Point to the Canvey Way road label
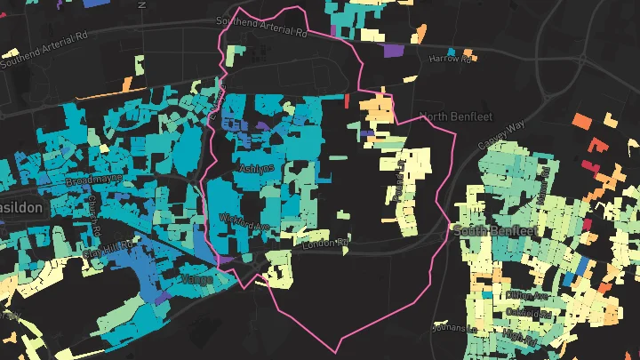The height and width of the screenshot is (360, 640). (x=502, y=130)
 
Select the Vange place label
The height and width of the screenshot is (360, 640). (x=196, y=278)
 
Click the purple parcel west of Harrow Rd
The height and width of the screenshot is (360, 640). (x=391, y=51)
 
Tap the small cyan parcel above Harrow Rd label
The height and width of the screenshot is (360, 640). (x=452, y=52)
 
